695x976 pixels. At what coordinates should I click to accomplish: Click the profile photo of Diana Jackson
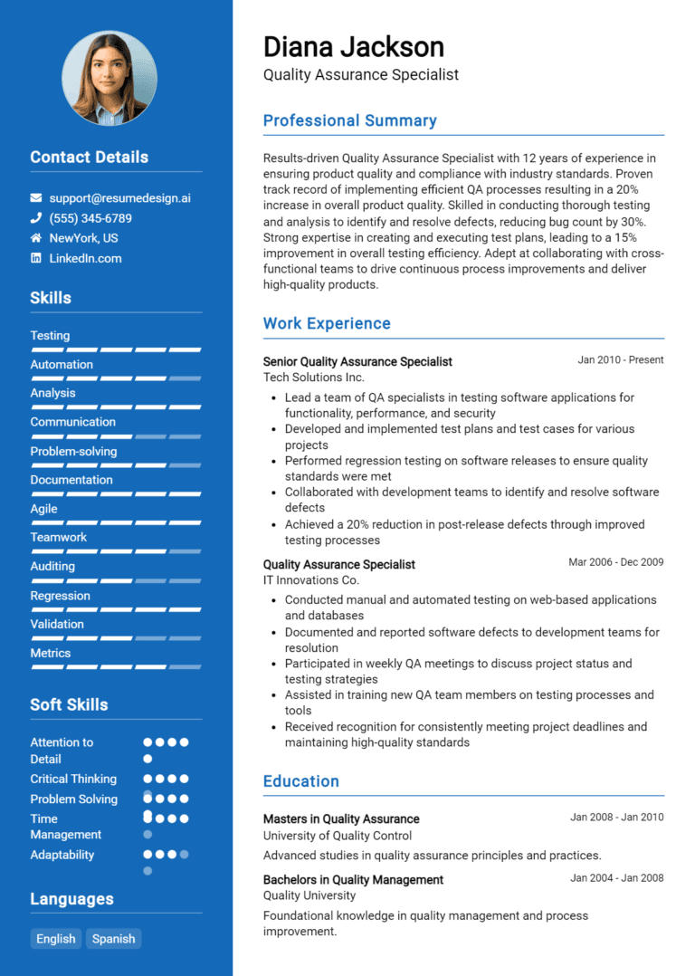point(109,78)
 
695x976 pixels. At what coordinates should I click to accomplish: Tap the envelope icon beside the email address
point(36,197)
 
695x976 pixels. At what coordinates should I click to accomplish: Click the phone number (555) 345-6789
point(90,218)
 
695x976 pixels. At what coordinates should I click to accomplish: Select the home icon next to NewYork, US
point(36,238)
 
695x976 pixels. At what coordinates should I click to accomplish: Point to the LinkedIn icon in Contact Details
point(36,258)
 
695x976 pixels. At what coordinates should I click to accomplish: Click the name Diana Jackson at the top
point(353,47)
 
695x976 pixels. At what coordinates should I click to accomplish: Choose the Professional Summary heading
point(349,120)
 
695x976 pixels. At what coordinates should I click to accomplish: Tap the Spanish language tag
point(114,939)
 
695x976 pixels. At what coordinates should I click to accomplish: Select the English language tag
point(56,939)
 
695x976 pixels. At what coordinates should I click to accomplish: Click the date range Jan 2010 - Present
point(620,360)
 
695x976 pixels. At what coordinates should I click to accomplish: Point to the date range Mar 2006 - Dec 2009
point(615,562)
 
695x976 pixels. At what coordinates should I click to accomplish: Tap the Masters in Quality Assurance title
point(341,819)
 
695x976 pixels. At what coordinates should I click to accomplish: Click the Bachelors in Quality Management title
point(353,880)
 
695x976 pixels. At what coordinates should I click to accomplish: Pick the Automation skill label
point(62,365)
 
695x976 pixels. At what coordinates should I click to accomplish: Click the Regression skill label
point(60,596)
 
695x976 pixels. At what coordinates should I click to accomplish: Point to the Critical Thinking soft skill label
point(73,779)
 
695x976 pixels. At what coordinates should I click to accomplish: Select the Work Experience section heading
point(327,323)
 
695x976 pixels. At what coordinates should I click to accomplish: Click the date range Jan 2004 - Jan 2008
point(616,878)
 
